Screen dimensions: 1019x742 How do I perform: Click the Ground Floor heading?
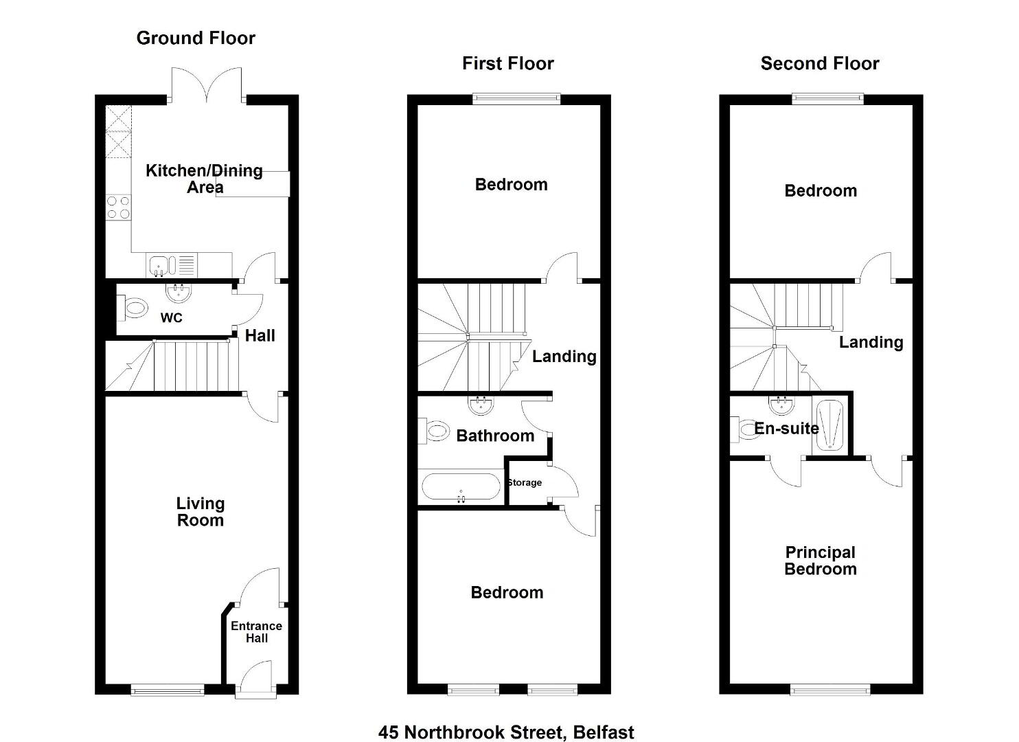pyautogui.click(x=196, y=38)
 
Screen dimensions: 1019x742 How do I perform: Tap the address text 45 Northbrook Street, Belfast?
pyautogui.click(x=506, y=732)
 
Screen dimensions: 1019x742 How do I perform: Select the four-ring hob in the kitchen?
pyautogui.click(x=118, y=207)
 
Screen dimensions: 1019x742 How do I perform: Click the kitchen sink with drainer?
pyautogui.click(x=172, y=265)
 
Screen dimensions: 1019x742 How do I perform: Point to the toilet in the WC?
pyautogui.click(x=133, y=308)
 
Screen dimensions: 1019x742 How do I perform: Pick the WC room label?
pyautogui.click(x=172, y=317)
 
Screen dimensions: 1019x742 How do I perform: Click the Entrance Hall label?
pyautogui.click(x=257, y=632)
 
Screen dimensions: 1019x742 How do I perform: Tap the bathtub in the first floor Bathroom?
pyautogui.click(x=461, y=486)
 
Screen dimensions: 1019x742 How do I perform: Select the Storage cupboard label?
pyautogui.click(x=525, y=482)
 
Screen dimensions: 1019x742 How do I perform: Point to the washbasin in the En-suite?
pyautogui.click(x=781, y=405)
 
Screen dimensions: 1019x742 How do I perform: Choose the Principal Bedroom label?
pyautogui.click(x=821, y=561)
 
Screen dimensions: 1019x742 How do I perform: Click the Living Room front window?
pyautogui.click(x=168, y=692)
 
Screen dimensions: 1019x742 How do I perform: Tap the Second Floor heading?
pyautogui.click(x=820, y=64)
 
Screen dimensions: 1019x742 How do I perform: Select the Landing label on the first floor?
pyautogui.click(x=564, y=357)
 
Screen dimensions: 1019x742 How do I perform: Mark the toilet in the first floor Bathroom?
pyautogui.click(x=434, y=431)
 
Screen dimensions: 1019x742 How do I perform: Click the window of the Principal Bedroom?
pyautogui.click(x=830, y=692)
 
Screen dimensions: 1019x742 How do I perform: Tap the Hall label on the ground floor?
pyautogui.click(x=260, y=336)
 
